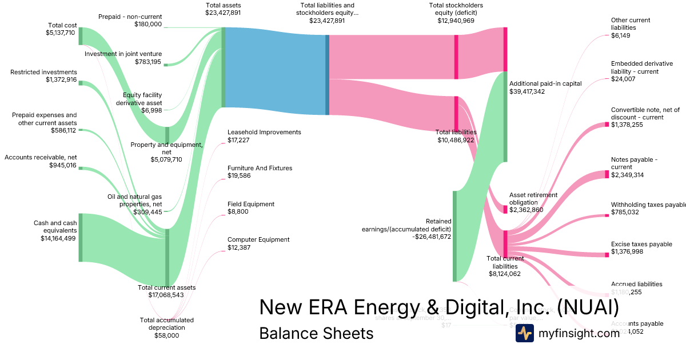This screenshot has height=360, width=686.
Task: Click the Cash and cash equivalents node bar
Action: pos(81,237)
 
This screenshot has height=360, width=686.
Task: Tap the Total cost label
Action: pos(62,25)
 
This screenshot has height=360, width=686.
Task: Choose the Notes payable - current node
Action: pos(607,174)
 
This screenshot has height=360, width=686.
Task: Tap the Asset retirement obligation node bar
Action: pos(505,209)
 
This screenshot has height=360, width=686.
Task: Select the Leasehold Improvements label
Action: pos(264,132)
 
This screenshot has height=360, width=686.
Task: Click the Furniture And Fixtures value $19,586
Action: pos(239,175)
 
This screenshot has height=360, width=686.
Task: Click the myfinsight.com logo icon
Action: pos(524,333)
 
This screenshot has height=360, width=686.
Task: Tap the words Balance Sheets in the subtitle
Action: pos(316,333)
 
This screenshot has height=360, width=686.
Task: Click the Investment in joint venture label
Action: pos(123,54)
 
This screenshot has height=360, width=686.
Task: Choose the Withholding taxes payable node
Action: pos(607,215)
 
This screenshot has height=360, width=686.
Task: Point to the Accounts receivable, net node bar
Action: pos(81,168)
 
